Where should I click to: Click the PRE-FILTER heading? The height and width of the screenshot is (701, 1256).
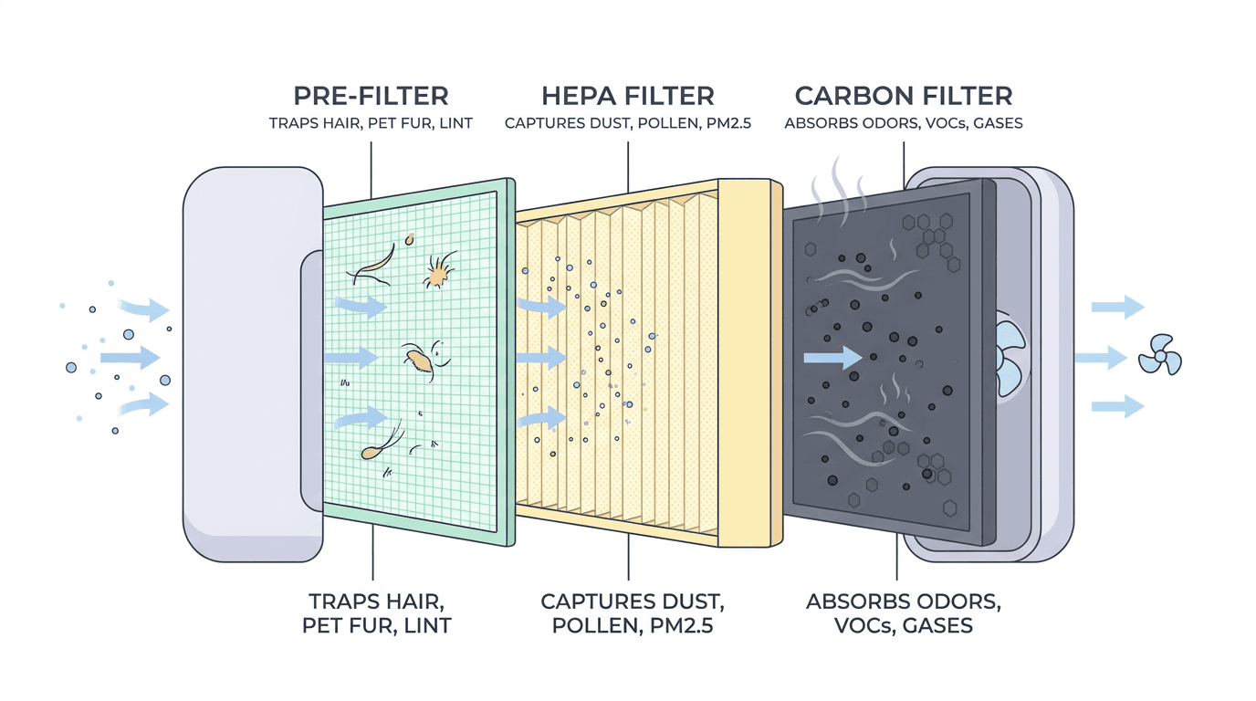click(371, 96)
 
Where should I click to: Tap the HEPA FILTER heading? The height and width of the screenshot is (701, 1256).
click(628, 96)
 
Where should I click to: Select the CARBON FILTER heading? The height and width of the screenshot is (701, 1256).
click(903, 96)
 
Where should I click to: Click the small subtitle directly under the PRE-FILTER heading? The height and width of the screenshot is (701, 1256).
click(371, 122)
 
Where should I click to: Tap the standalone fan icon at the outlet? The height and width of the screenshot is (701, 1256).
click(1160, 355)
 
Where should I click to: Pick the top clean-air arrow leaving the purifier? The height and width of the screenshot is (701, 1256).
click(1117, 307)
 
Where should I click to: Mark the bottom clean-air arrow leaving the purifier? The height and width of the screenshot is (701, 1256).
click(1117, 405)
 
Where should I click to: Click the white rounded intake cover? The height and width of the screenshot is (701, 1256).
click(242, 365)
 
